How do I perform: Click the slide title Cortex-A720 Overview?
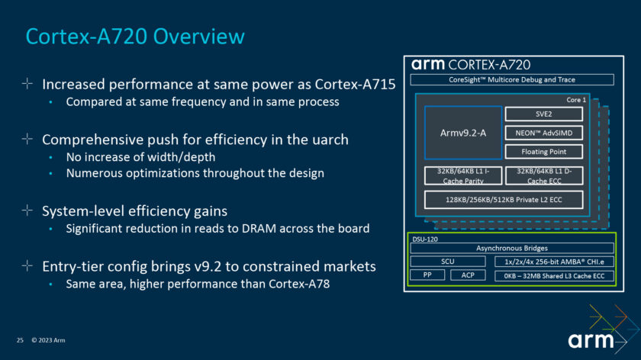click(135, 37)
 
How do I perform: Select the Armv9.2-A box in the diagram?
click(462, 133)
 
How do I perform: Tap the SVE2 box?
click(544, 114)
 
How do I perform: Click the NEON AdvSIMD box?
click(544, 133)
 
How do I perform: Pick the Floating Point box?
click(544, 152)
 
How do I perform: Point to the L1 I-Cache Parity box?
click(462, 175)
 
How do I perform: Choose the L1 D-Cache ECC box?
click(544, 175)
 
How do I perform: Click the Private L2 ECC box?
click(504, 200)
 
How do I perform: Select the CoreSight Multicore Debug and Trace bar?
click(511, 79)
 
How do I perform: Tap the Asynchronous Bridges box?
click(511, 248)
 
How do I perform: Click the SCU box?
click(447, 262)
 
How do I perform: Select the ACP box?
click(468, 275)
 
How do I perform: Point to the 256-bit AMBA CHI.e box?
click(554, 262)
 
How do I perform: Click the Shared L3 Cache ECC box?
click(554, 275)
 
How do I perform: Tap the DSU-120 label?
click(426, 238)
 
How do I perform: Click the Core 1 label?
click(576, 100)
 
